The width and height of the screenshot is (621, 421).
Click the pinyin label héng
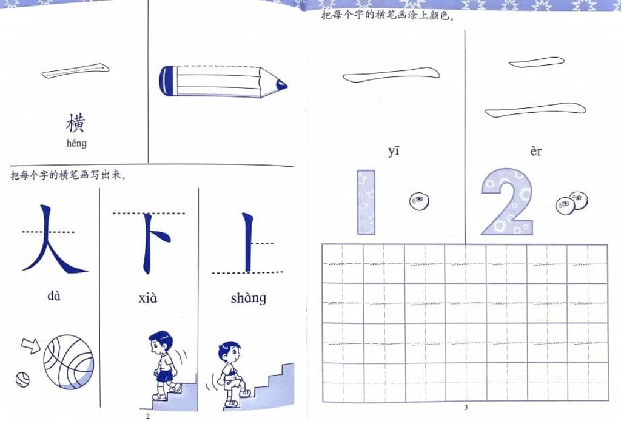[76, 143]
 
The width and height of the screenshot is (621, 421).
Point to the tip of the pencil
[286, 85]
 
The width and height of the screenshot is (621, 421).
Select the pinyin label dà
[54, 295]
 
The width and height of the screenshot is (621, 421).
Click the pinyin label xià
[148, 298]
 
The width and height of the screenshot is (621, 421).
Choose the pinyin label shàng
[248, 298]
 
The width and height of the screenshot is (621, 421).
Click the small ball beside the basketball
[22, 380]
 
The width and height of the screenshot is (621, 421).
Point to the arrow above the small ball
[31, 345]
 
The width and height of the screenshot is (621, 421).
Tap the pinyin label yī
[394, 151]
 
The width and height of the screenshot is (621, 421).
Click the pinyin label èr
[536, 151]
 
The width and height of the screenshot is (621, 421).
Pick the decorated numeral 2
[508, 202]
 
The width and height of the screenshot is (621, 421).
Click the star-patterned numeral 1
[366, 203]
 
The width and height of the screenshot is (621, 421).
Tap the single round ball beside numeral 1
[420, 201]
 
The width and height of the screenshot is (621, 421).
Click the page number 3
[466, 408]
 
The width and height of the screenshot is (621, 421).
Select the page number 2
[148, 416]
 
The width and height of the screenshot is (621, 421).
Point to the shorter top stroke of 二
[536, 62]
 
